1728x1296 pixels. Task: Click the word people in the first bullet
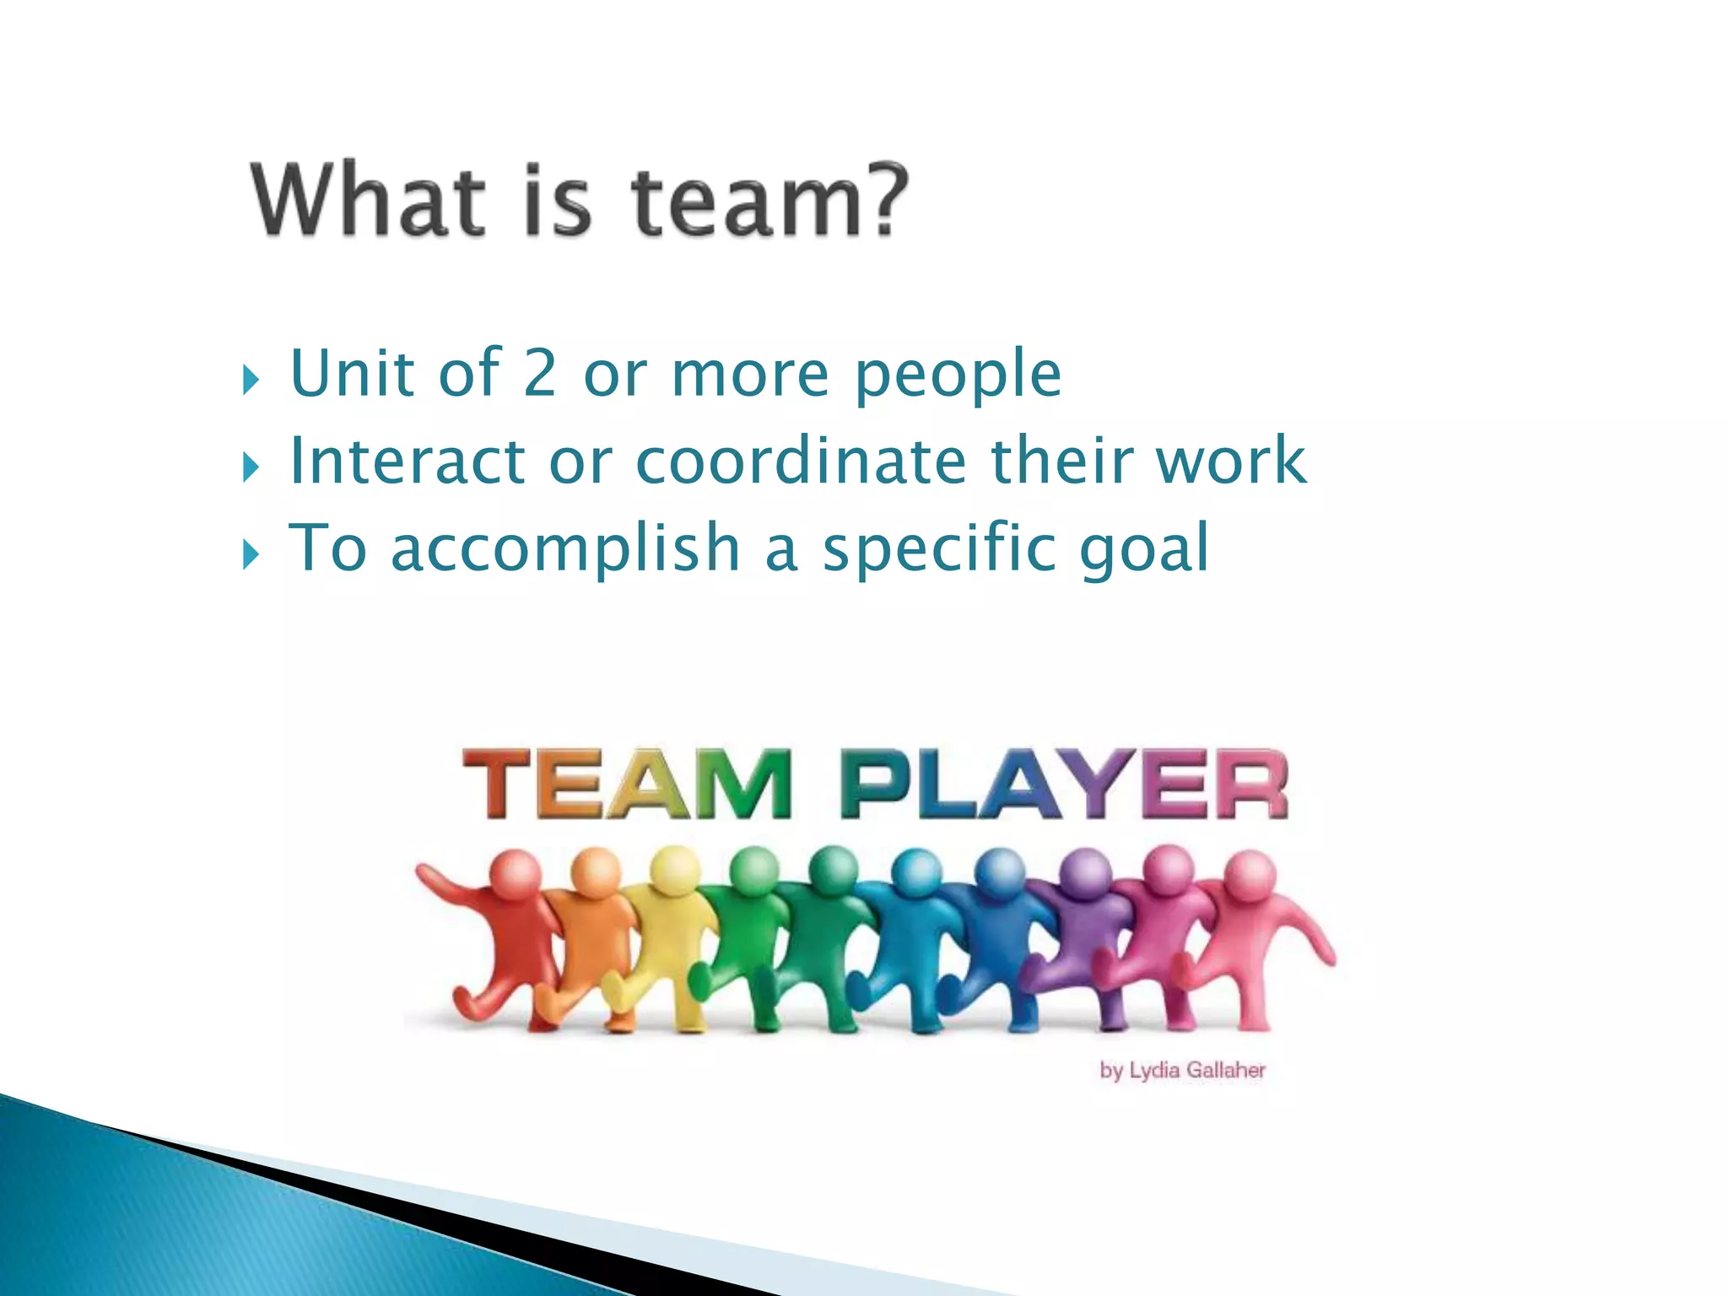[958, 374]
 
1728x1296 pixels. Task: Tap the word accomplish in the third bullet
[565, 548]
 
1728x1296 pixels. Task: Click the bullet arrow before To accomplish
[251, 554]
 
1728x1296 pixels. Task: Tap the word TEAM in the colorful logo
[627, 785]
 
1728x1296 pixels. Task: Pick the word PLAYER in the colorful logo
[1064, 785]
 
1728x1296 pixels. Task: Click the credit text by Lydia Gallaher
[1182, 1071]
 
